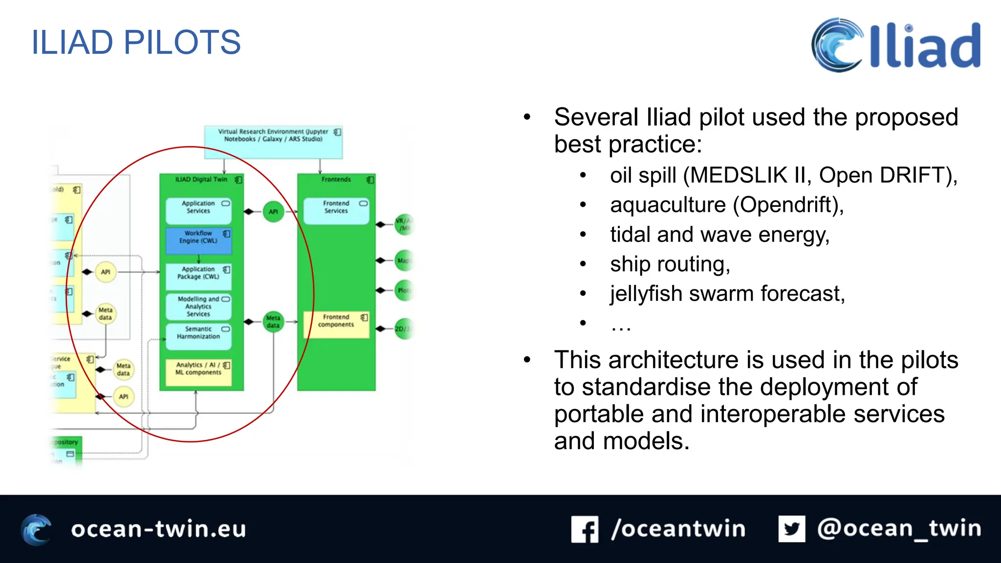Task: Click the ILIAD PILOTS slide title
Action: click(136, 43)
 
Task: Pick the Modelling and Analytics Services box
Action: click(198, 306)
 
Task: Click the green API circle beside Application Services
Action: click(273, 212)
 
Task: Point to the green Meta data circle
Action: click(273, 322)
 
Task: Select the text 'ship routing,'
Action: click(670, 264)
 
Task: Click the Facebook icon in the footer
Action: click(585, 529)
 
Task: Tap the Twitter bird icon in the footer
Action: click(791, 529)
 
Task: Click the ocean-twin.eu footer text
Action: click(158, 529)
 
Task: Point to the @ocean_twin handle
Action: click(899, 529)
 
